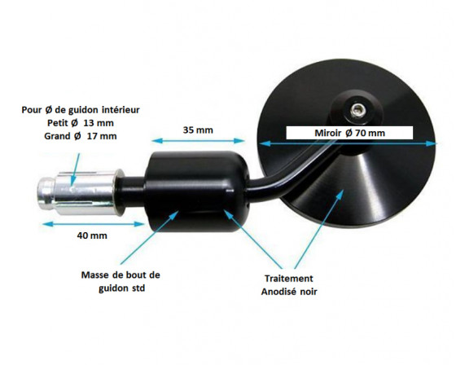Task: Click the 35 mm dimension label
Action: pos(198,130)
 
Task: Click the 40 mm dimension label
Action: pos(92,235)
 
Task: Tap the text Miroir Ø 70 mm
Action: pos(349,133)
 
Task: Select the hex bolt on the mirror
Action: pos(357,110)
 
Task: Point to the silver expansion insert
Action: pos(78,191)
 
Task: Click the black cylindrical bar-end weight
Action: pos(197,191)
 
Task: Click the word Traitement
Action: pos(289,279)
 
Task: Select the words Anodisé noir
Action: pos(289,292)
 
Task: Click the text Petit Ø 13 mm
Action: pos(81,123)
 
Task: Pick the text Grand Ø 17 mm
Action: pos(81,136)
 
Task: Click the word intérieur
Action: pos(121,110)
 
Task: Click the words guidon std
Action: pos(122,288)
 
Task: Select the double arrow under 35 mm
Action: pos(198,141)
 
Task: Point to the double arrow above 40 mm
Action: pos(94,224)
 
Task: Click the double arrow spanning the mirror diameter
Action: pos(348,143)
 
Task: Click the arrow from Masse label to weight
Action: pos(149,238)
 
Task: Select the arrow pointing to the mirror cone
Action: pos(319,229)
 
